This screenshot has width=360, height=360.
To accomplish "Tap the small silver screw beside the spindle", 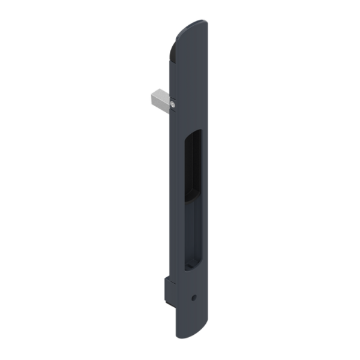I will (172, 106).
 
